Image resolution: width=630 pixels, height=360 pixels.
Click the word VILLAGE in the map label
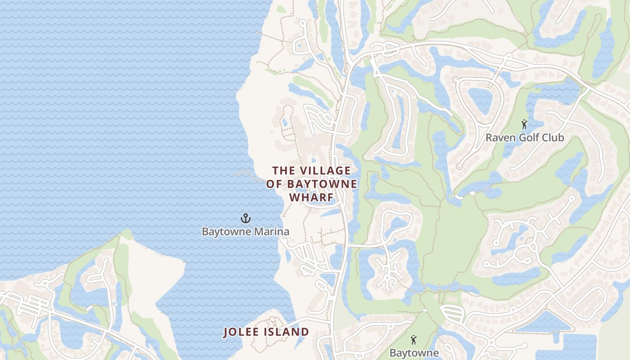325,171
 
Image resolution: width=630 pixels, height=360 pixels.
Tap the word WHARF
311,198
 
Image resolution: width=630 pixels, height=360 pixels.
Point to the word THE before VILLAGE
283,171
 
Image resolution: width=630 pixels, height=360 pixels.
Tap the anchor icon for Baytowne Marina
245,219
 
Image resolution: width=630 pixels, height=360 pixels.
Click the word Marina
271,232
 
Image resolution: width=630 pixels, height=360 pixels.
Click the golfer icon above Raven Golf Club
524,124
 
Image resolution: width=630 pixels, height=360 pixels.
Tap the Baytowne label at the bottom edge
414,353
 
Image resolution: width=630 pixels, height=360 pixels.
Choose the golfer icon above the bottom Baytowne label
414,339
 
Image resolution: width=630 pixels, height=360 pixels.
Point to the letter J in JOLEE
226,333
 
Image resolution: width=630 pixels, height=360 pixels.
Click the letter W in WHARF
294,198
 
